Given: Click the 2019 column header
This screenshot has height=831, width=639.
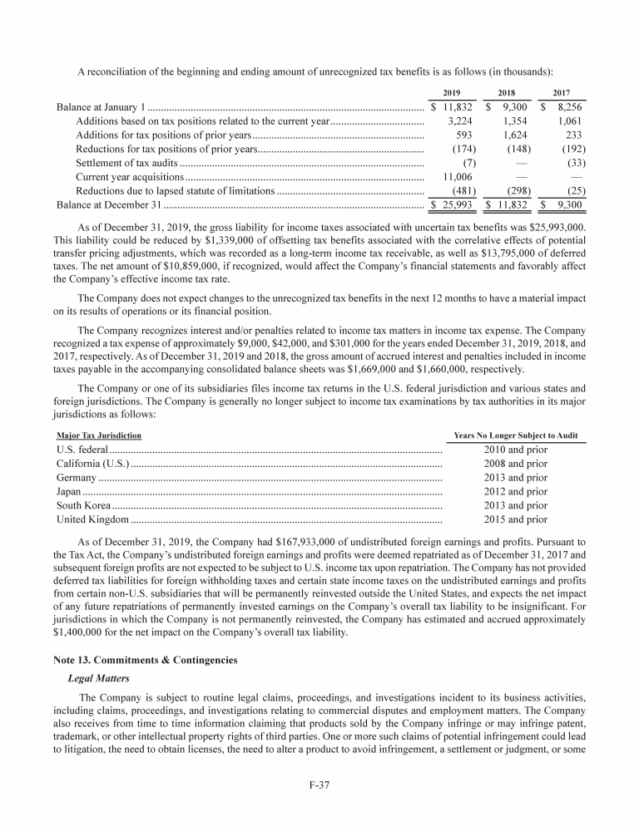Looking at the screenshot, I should [452, 92].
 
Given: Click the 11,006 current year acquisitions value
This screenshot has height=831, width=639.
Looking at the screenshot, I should [457, 177].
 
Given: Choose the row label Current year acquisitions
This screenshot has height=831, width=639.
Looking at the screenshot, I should [129, 177].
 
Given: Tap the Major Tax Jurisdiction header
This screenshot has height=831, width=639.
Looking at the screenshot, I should [98, 435].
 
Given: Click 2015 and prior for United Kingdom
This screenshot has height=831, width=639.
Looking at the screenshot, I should [515, 519].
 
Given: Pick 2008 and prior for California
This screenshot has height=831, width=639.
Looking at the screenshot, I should [515, 464].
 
